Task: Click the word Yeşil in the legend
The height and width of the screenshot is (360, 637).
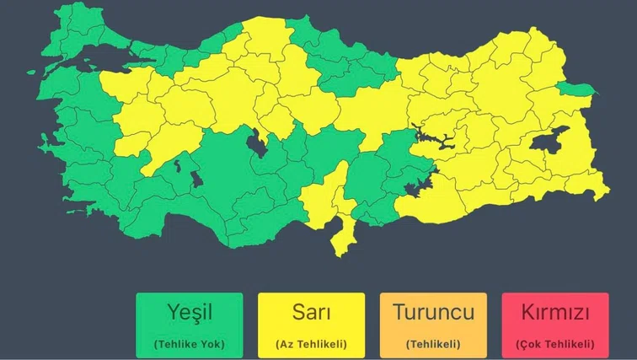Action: tap(189, 313)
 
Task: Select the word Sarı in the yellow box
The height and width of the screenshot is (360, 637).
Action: tap(311, 313)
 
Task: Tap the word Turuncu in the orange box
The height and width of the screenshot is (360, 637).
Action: tap(433, 313)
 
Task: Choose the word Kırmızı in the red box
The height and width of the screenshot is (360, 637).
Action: tap(554, 313)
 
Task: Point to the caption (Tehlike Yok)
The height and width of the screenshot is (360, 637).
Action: tap(189, 344)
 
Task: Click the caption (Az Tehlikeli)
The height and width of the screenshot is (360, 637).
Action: tap(311, 344)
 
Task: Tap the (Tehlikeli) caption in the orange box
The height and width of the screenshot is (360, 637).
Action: tap(433, 344)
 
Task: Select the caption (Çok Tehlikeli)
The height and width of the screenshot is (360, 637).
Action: tap(554, 344)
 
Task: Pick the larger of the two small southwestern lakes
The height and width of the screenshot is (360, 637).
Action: tap(197, 180)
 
